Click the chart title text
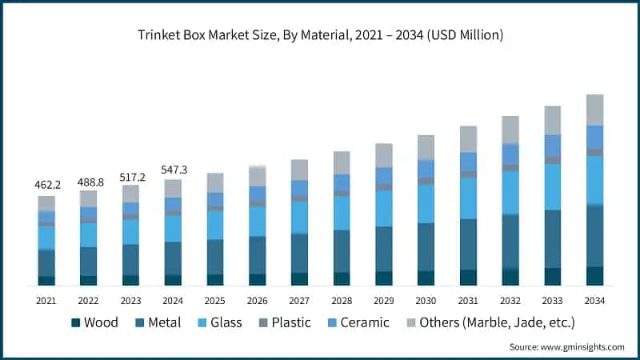tap(320, 35)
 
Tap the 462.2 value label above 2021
tap(46, 185)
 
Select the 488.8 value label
tap(88, 182)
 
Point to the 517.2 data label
tap(130, 175)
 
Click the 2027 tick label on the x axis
tap(299, 300)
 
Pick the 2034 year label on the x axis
tap(594, 300)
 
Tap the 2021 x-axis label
tap(46, 300)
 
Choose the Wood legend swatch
tap(76, 323)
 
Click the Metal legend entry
tap(158, 323)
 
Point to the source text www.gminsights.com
tap(566, 346)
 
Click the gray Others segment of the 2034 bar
tap(594, 110)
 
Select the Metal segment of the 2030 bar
tap(426, 246)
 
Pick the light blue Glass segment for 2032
tap(510, 193)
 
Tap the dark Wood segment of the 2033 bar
tap(552, 276)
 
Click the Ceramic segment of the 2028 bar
tap(342, 182)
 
